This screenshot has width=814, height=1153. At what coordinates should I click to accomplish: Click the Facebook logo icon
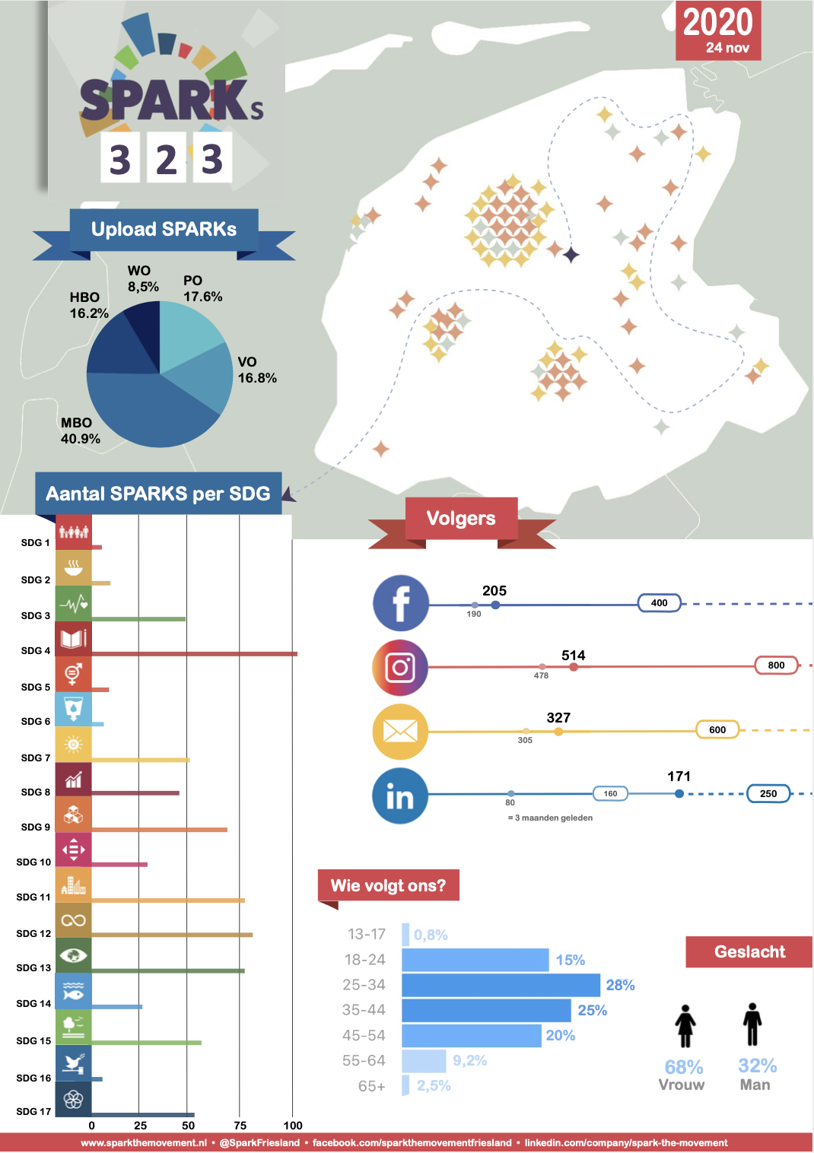[401, 603]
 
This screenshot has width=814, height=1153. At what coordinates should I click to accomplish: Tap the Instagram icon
[400, 668]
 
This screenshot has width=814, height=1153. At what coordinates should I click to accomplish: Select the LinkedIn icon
[400, 796]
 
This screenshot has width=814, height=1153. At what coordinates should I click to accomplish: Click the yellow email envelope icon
[400, 732]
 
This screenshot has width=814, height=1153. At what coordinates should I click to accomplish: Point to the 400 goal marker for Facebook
[659, 603]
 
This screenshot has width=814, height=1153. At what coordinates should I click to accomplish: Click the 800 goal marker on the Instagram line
[776, 665]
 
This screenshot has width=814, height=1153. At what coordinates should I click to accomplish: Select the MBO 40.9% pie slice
[152, 411]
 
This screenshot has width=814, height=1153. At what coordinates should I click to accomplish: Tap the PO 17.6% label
[202, 289]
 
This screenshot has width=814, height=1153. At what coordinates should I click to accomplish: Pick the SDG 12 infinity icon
[73, 920]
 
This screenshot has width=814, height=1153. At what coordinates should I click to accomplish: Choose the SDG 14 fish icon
[73, 990]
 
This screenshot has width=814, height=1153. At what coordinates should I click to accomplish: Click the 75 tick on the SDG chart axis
[240, 1126]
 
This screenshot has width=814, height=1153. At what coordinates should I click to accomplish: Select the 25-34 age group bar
[501, 985]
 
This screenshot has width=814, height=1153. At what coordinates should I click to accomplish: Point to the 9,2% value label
[469, 1060]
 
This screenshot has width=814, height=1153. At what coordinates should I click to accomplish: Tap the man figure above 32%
[752, 1024]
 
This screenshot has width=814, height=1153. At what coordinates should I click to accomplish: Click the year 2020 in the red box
[717, 23]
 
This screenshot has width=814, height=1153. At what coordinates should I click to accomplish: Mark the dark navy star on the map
[571, 254]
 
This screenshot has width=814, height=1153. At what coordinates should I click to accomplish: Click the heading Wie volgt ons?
[388, 885]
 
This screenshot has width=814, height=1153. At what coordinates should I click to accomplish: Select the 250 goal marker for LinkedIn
[768, 793]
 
